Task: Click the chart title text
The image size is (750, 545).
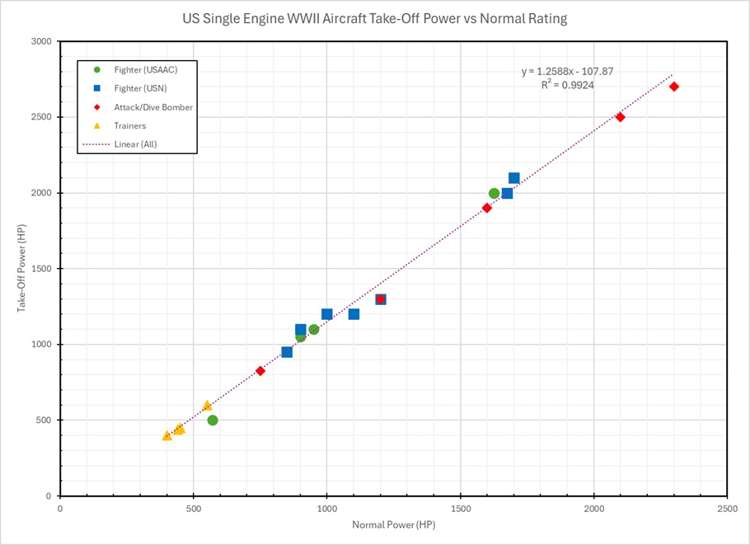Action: point(375,18)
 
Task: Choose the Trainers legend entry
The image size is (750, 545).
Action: point(130,125)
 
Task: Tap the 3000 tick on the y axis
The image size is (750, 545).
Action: point(41,41)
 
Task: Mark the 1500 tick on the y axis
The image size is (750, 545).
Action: point(41,269)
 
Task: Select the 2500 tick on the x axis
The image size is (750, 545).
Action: point(727,508)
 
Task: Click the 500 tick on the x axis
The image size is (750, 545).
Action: point(194,508)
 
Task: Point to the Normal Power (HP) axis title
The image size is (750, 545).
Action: point(393,525)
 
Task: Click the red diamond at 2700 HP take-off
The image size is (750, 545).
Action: point(674,87)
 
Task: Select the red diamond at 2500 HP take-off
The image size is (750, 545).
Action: point(621,117)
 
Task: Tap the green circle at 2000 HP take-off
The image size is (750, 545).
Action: point(495,194)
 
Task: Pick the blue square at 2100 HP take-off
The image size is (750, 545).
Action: point(514,178)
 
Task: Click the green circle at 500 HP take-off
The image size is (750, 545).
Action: point(213,420)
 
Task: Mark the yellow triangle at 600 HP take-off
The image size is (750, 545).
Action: point(207,405)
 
